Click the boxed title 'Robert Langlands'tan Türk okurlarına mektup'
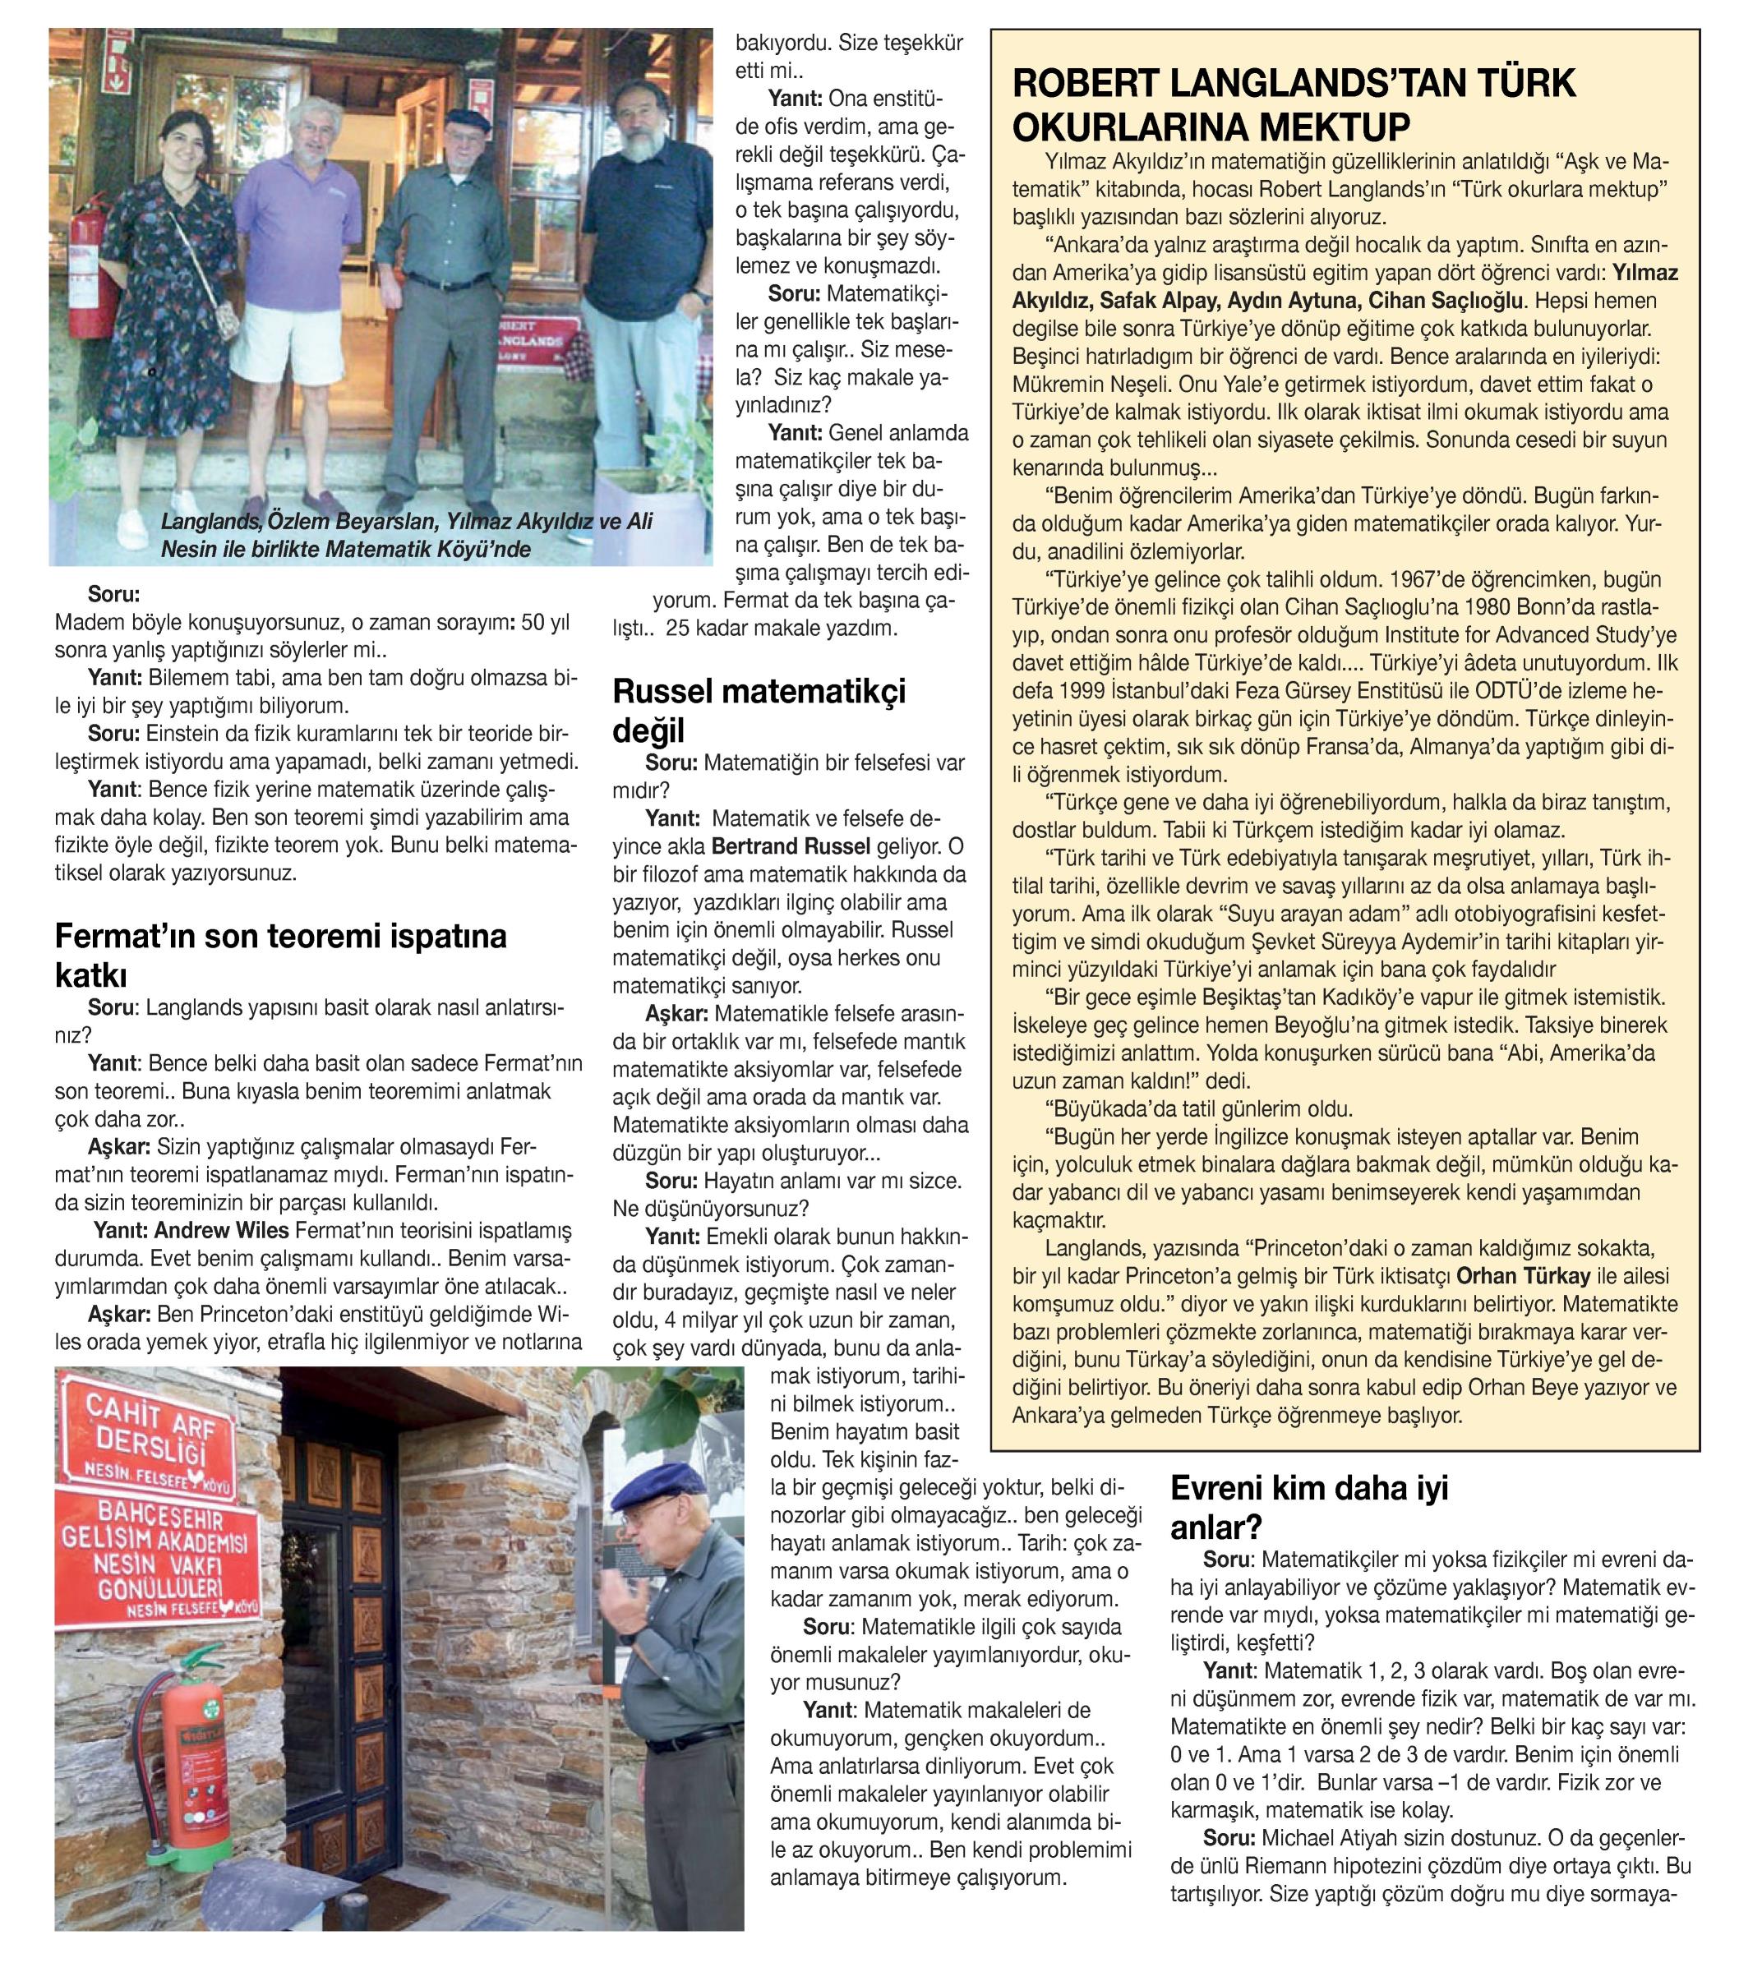tap(1294, 104)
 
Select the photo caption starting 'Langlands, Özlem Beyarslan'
tap(407, 536)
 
